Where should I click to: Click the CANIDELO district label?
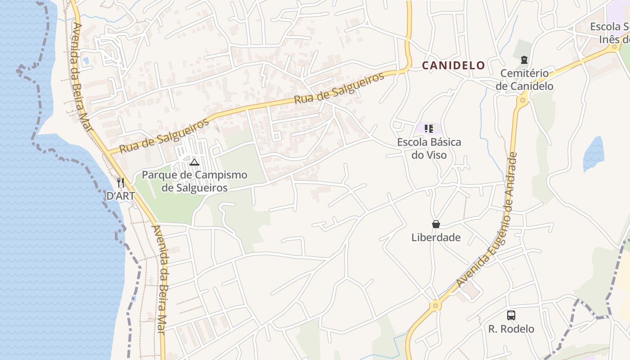453,66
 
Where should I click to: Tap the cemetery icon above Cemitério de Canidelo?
524,59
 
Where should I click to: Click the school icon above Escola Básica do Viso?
428,129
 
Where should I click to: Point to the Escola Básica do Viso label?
429,148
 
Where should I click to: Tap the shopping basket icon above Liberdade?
436,224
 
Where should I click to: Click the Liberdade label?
436,238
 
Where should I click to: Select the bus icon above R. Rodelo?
511,315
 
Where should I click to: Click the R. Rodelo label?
511,329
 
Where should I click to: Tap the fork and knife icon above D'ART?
120,183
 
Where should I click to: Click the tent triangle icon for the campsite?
194,162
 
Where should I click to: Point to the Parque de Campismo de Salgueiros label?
194,181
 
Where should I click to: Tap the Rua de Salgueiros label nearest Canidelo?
339,88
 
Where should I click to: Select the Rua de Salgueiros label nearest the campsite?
164,135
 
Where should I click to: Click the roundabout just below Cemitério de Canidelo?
522,100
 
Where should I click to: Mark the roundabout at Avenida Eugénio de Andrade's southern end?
435,306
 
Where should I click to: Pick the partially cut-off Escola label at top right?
610,33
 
